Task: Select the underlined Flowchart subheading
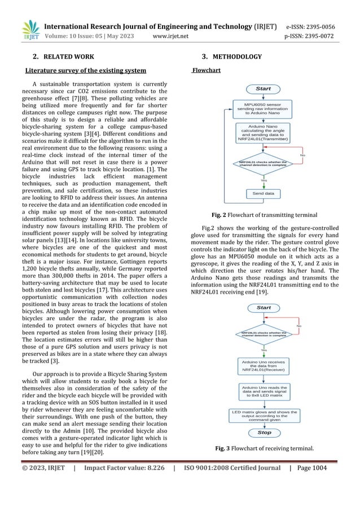click(207, 71)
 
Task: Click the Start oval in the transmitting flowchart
click(264, 89)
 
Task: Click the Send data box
click(264, 193)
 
